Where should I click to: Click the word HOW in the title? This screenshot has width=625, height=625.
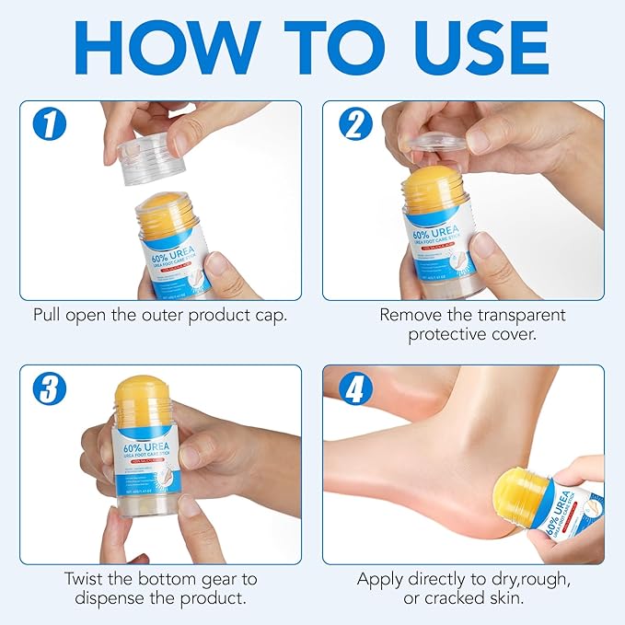tap(169, 47)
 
